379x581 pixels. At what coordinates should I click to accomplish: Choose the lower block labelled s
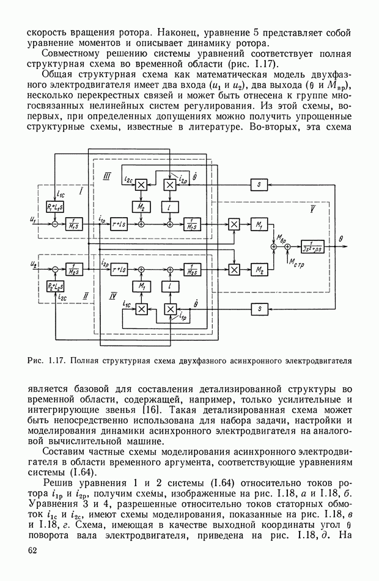(260, 309)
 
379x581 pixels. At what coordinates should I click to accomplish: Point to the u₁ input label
(32, 219)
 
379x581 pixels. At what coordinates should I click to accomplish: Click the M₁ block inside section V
(259, 224)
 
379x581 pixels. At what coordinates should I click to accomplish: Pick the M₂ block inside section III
(141, 208)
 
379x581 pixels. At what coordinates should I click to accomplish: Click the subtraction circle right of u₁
(55, 224)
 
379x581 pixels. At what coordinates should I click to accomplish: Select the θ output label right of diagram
(349, 241)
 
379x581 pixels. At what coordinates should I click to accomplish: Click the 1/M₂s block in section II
(75, 268)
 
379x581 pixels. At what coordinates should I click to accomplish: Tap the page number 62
(33, 552)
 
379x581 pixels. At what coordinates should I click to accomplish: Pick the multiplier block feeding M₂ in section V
(234, 268)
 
